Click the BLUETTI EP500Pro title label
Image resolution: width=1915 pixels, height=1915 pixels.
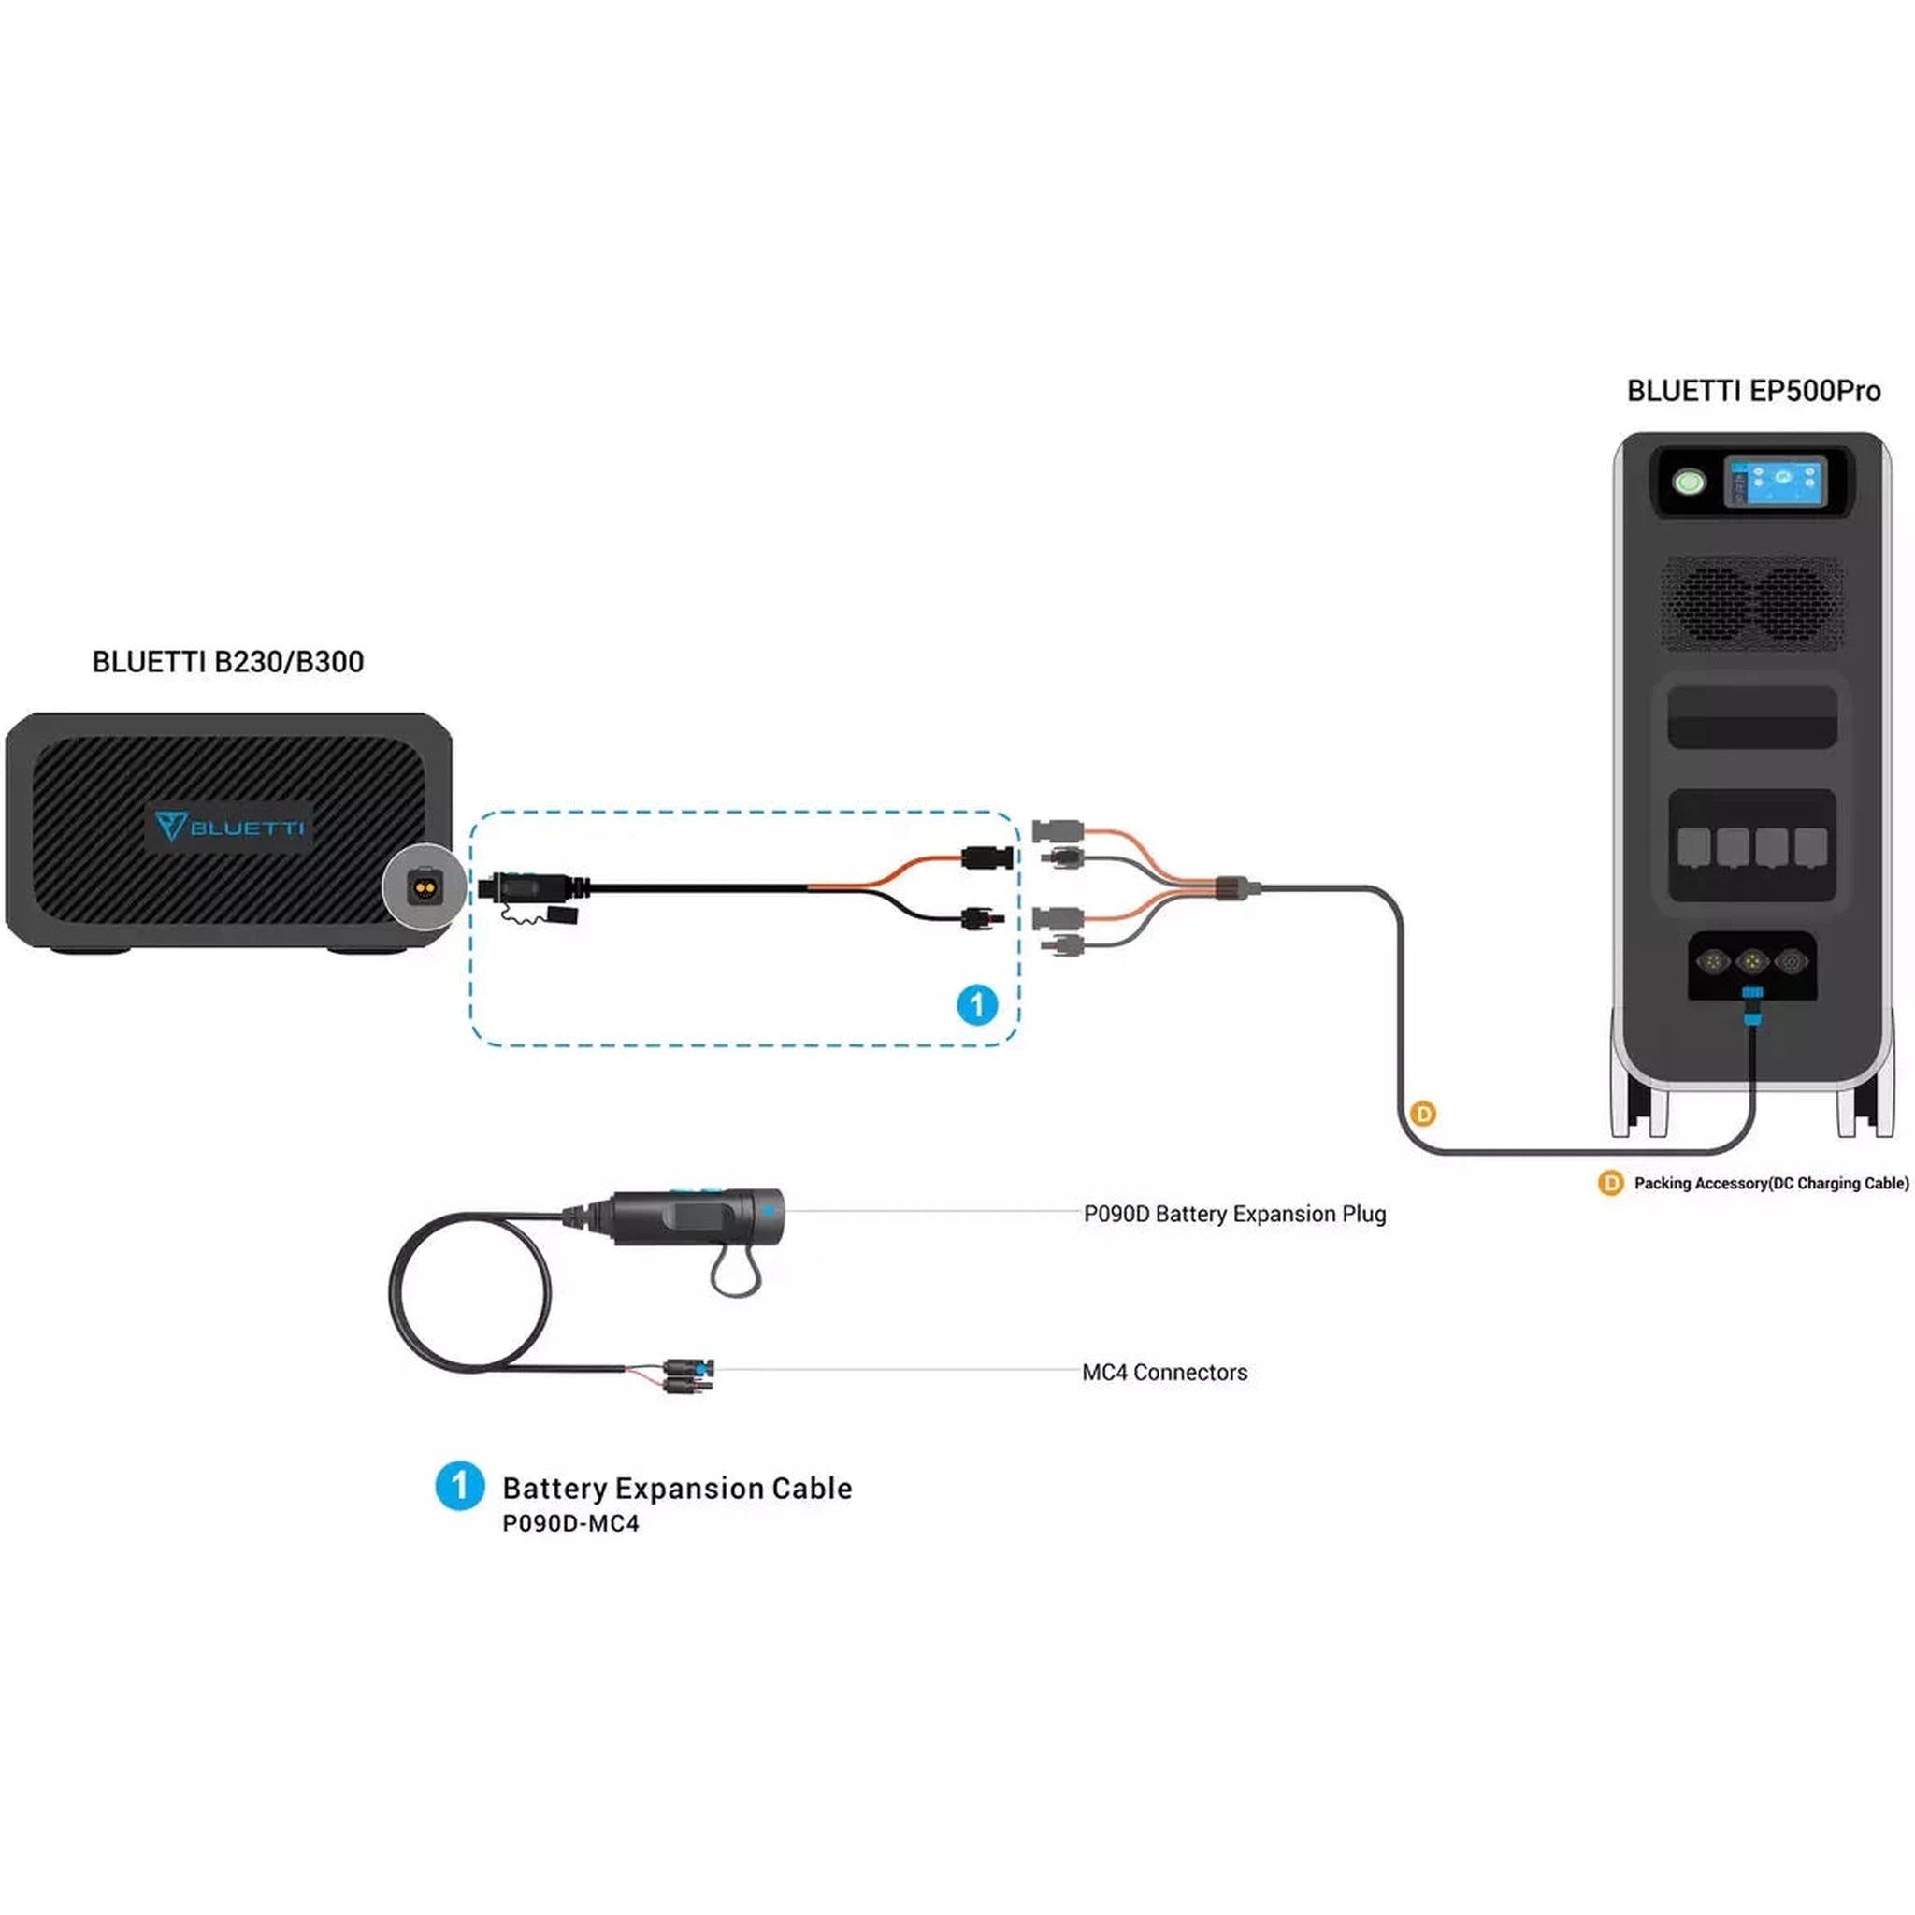coord(1752,392)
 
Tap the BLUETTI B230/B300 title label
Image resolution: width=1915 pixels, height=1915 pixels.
coord(228,662)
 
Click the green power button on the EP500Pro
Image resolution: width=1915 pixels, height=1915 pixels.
coord(1688,482)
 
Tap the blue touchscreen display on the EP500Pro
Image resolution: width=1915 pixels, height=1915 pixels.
coord(1776,482)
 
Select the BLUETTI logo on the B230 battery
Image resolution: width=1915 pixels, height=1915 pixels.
coord(230,826)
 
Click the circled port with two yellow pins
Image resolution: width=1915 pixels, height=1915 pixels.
coord(425,886)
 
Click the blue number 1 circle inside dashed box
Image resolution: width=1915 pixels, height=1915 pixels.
coord(976,1005)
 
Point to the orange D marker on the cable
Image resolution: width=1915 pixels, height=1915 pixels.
coord(1422,1114)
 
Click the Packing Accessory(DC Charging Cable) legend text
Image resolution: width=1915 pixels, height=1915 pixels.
coord(1770,1184)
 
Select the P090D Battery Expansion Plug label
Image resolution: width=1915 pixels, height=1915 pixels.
coord(1234,1215)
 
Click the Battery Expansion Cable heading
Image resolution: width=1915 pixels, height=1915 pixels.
coord(677,1489)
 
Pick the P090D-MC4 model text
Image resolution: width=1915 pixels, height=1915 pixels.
coord(570,1524)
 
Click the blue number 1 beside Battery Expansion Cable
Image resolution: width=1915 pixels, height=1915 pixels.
coord(460,1487)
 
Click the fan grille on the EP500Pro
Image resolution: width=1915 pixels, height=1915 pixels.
coord(1752,604)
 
